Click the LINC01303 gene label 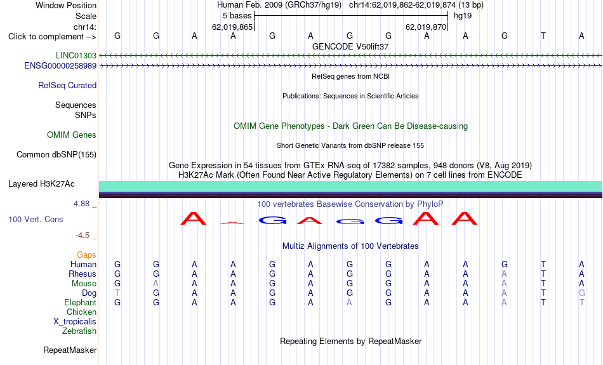76,55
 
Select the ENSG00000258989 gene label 60,66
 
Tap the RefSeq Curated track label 67,86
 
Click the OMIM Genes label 72,135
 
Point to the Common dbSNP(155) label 56,155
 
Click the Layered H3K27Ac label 41,184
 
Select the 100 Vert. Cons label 36,219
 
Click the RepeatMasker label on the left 70,350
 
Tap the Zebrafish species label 79,331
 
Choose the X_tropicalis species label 75,322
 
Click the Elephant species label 81,302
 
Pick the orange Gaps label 86,255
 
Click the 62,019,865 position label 232,27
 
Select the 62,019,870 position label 426,27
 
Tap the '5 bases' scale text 237,16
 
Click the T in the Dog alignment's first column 117,293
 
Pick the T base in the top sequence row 543,36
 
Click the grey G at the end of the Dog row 582,293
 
